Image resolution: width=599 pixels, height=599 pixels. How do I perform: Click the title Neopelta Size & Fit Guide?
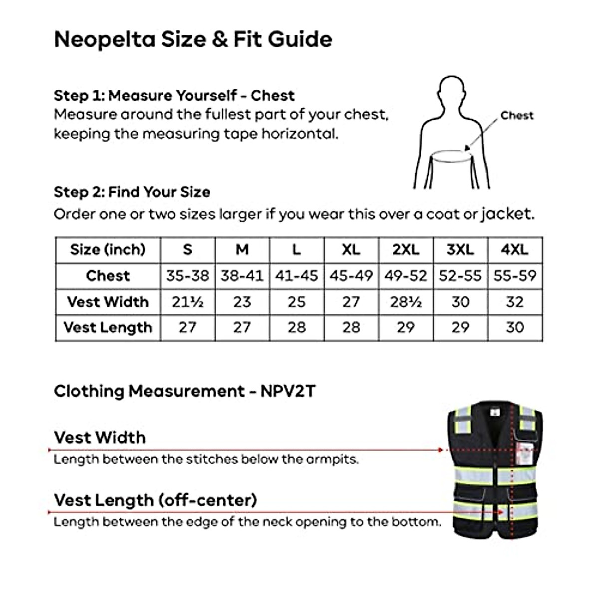pyautogui.click(x=193, y=39)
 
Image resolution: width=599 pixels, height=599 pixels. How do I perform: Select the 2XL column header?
pyautogui.click(x=406, y=250)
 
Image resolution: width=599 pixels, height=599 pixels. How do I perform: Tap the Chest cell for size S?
pyautogui.click(x=187, y=276)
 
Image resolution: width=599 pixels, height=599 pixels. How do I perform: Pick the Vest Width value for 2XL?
pyautogui.click(x=406, y=302)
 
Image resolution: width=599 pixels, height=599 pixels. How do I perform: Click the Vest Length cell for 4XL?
pyautogui.click(x=515, y=327)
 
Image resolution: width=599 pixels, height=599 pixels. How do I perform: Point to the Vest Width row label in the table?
pyautogui.click(x=108, y=302)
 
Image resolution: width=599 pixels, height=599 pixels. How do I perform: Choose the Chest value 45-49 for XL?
pyautogui.click(x=351, y=276)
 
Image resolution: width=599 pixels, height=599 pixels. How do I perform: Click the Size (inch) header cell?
pyautogui.click(x=108, y=250)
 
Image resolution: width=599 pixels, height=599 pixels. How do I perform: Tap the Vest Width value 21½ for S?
pyautogui.click(x=187, y=302)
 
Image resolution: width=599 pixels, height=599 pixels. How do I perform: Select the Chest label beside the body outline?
pyautogui.click(x=517, y=115)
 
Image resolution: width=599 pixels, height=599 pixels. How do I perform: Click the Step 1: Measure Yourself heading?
pyautogui.click(x=174, y=95)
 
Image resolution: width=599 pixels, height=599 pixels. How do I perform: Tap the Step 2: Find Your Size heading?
pyautogui.click(x=132, y=192)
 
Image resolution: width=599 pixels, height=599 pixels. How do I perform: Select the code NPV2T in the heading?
pyautogui.click(x=288, y=391)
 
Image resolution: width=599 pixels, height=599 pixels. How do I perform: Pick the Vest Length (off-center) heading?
pyautogui.click(x=155, y=500)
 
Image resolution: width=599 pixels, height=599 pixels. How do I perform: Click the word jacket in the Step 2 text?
pyautogui.click(x=506, y=214)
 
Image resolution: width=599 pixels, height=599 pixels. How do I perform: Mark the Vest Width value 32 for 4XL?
pyautogui.click(x=515, y=302)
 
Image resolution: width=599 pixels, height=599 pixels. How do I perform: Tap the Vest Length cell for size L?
pyautogui.click(x=297, y=327)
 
